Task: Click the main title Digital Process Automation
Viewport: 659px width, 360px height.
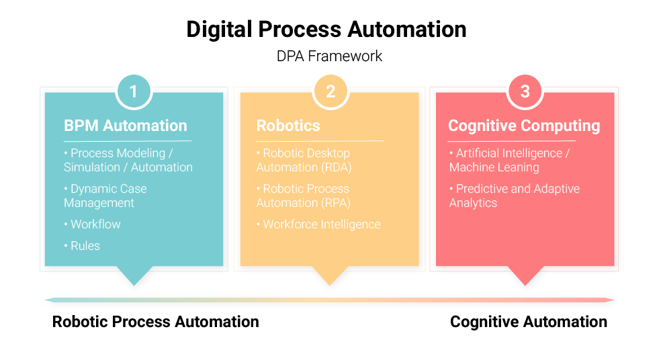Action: [x=326, y=30]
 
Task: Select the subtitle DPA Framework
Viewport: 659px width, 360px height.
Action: [x=329, y=56]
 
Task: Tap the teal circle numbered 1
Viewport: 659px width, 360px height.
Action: [x=134, y=91]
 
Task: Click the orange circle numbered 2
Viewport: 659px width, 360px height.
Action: [x=331, y=91]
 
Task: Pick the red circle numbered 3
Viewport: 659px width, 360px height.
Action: [x=525, y=91]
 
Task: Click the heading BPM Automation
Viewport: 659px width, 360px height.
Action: [x=125, y=126]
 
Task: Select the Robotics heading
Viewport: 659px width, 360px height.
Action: [x=288, y=126]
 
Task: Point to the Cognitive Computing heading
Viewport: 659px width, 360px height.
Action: [x=524, y=126]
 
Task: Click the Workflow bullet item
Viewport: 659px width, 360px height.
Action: [x=93, y=224]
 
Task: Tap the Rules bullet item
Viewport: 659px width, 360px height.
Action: [x=82, y=246]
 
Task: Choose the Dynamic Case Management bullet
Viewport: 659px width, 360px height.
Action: [x=105, y=195]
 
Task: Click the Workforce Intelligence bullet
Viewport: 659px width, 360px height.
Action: [x=318, y=224]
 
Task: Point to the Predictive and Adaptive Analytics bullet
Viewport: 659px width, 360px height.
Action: [x=515, y=195]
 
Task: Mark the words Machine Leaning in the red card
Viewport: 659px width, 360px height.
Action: [x=494, y=168]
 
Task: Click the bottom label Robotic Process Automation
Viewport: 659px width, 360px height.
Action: [x=155, y=322]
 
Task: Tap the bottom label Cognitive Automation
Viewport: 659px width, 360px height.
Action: [x=529, y=322]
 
